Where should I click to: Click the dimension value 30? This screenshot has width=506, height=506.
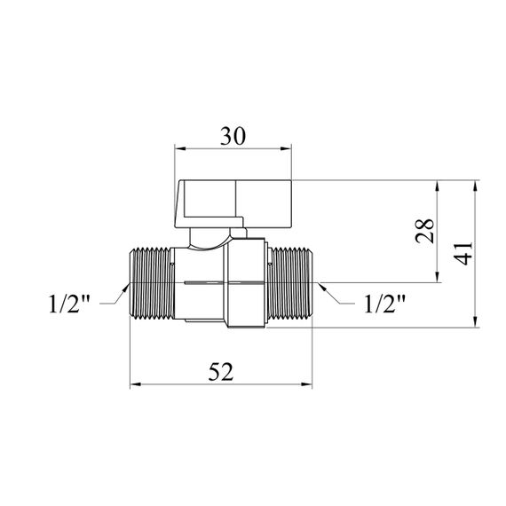click(x=233, y=136)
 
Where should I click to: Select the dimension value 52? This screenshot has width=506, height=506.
click(x=221, y=371)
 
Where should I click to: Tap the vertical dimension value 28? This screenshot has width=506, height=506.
click(x=424, y=231)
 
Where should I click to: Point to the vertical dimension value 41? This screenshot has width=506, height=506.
click(x=463, y=253)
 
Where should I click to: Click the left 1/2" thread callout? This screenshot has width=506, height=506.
click(x=69, y=304)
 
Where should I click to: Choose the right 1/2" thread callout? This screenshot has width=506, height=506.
click(x=384, y=304)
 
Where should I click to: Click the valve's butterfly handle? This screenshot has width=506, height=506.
click(x=233, y=204)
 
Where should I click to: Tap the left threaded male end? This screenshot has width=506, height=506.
click(x=152, y=282)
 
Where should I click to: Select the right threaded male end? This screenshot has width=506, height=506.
click(x=289, y=282)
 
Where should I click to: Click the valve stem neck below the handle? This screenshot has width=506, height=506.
click(x=210, y=239)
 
